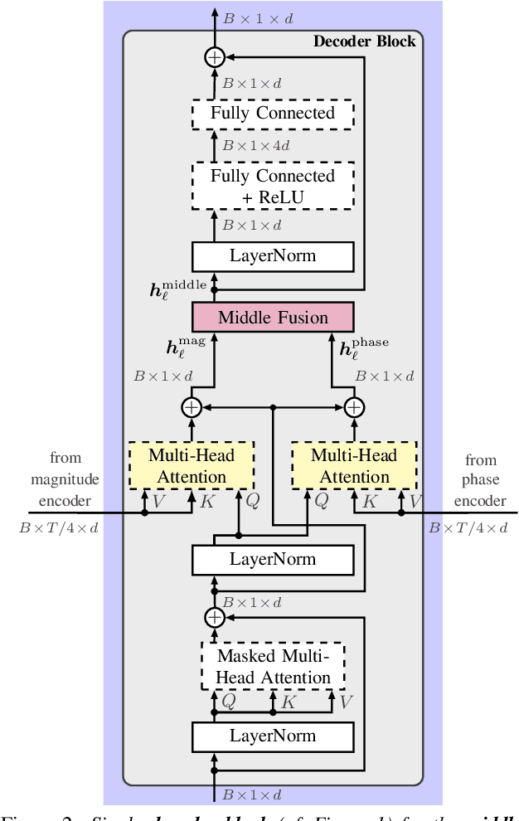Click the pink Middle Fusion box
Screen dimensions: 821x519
click(273, 317)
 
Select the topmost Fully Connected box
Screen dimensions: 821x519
click(273, 112)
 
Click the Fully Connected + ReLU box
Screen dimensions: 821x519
click(273, 187)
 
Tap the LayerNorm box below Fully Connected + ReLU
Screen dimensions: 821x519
click(273, 255)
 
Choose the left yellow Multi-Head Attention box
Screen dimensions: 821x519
click(192, 465)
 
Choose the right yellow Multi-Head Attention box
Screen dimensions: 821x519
click(354, 465)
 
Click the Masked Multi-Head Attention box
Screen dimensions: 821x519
click(273, 667)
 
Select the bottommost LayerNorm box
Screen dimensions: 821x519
click(273, 735)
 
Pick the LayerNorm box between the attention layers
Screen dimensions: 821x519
click(273, 559)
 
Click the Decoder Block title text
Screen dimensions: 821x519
click(364, 41)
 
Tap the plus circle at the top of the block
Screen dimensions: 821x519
click(215, 57)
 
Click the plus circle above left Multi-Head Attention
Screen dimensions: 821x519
click(192, 407)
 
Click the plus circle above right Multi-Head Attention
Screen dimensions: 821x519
click(354, 407)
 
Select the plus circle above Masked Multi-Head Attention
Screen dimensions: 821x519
click(215, 617)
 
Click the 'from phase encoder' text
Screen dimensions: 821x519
click(480, 480)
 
